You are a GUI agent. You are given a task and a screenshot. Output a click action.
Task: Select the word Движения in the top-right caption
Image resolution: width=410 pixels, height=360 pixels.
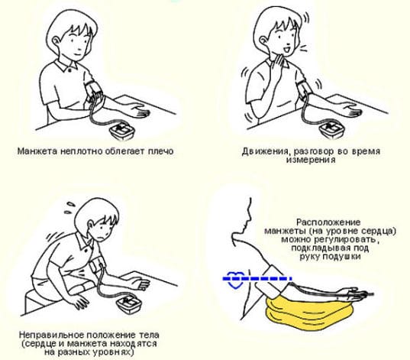coord(265,152)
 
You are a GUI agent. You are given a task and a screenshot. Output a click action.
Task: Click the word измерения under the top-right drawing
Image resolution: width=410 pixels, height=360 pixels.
coord(312,160)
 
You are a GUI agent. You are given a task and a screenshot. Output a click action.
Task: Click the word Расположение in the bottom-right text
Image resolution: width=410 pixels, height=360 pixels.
coord(328,222)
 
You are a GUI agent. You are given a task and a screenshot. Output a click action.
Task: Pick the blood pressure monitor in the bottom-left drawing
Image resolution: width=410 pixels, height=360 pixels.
coord(129,305)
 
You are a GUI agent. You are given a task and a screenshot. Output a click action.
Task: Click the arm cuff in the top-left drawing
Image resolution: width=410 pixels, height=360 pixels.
coord(93,90)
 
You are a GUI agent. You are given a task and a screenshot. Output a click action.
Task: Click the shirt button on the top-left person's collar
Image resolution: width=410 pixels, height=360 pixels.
coord(69,70)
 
